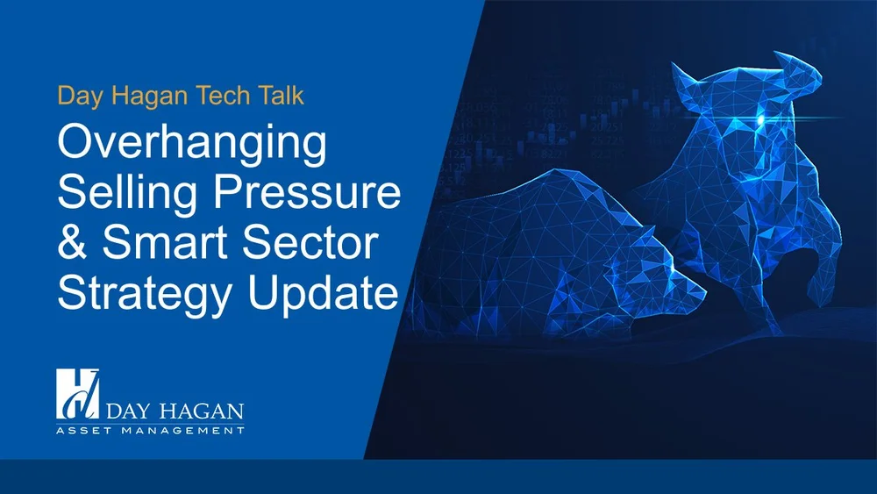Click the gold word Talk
click(x=279, y=95)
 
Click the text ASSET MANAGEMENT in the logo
click(x=149, y=431)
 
